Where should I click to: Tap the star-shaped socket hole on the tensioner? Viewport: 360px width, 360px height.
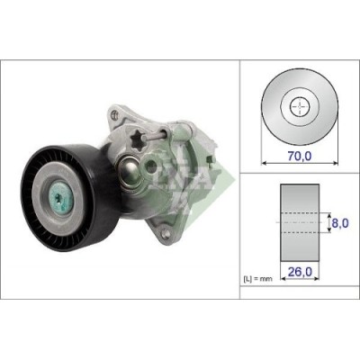click(140, 141)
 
